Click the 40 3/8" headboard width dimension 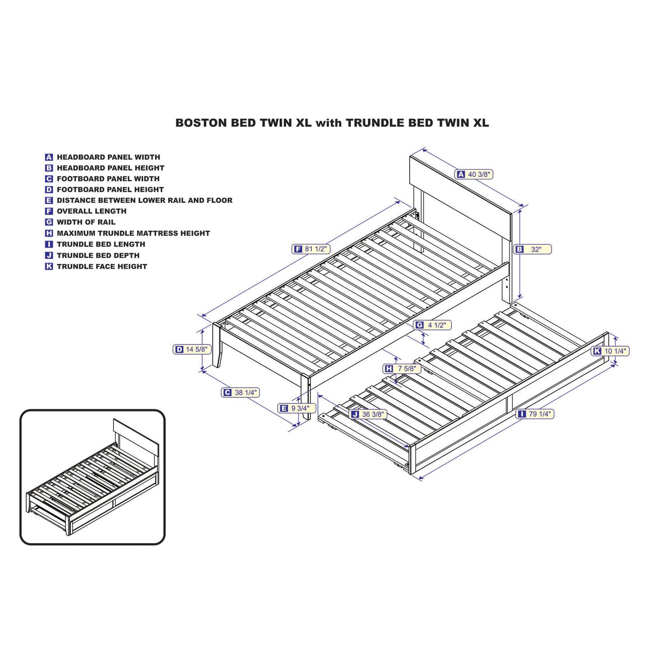(x=474, y=174)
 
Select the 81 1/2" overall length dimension (x=311, y=249)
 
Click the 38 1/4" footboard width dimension (x=240, y=392)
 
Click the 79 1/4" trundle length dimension (x=536, y=414)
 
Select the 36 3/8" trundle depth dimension (x=368, y=414)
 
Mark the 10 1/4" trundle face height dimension (x=610, y=351)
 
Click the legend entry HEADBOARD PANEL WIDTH (x=102, y=157)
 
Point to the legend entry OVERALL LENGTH (x=86, y=211)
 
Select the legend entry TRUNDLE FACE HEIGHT (x=96, y=266)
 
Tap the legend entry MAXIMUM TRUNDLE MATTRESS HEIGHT (x=127, y=233)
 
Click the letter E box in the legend (x=49, y=200)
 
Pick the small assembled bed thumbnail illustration (x=92, y=477)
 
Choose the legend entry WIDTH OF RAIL (x=80, y=222)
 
